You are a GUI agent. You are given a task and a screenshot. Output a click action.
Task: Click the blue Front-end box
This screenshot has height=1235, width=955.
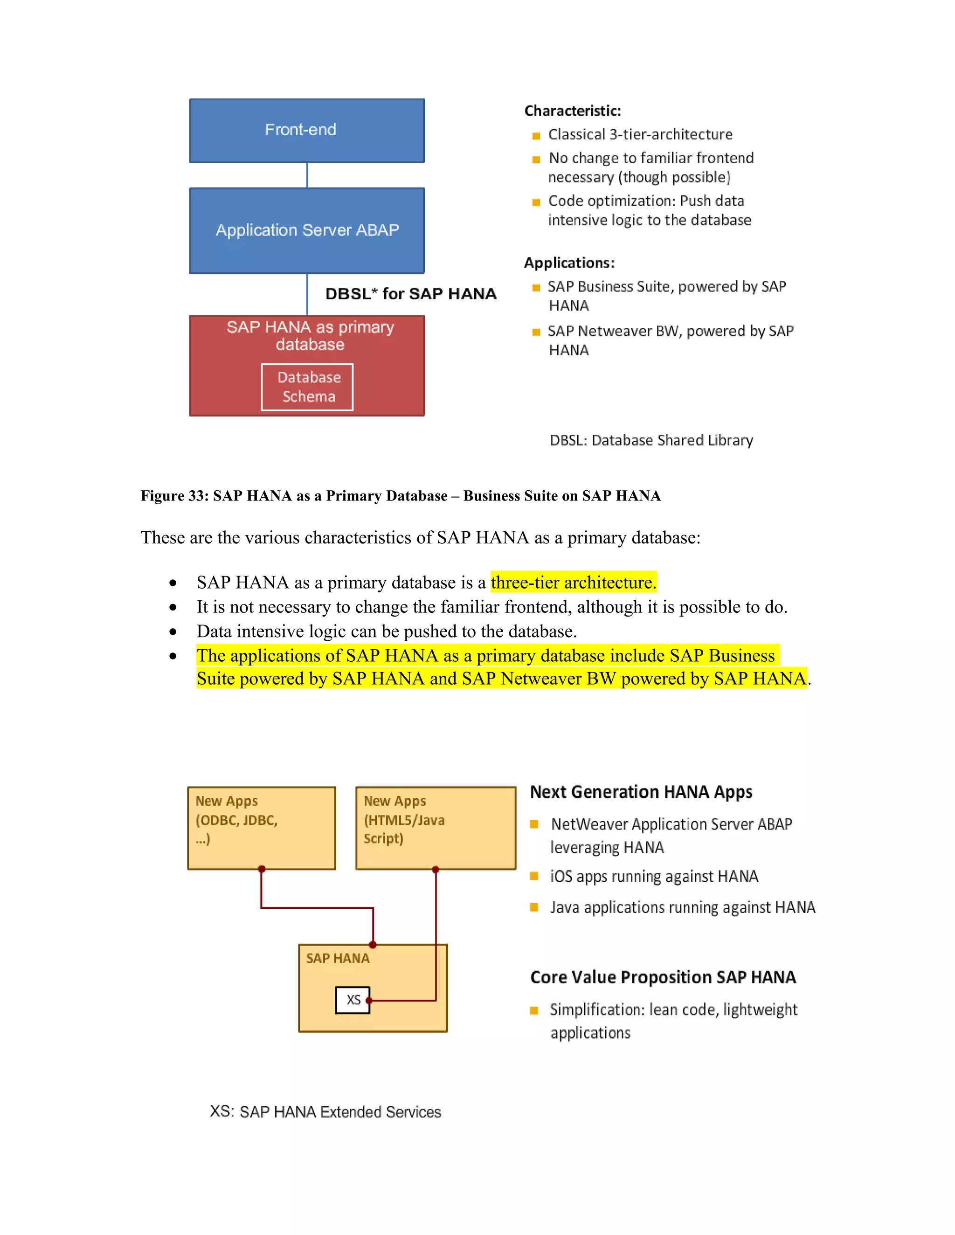point(307,130)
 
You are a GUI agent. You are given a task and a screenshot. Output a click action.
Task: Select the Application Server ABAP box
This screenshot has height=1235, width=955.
point(307,230)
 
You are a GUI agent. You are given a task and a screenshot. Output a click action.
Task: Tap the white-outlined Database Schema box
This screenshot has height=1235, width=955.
point(307,387)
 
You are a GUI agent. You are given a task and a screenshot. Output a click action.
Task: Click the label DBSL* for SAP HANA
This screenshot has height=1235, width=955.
point(411,294)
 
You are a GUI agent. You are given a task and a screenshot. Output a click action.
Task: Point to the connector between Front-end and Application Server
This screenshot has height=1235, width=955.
point(307,175)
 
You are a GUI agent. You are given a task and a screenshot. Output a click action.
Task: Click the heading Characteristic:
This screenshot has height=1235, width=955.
point(573,111)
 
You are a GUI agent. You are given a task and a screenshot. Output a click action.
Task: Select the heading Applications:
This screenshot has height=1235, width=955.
point(569,263)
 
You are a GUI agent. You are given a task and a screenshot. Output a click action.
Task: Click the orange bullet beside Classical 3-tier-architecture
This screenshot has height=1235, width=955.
point(536,136)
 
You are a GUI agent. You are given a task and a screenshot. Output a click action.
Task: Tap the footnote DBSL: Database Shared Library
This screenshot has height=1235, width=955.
point(651,440)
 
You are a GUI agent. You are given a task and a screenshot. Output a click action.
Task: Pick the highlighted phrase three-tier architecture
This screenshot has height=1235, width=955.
point(573,582)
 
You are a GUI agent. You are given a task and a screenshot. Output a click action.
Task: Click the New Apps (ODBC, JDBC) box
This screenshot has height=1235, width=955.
point(262,827)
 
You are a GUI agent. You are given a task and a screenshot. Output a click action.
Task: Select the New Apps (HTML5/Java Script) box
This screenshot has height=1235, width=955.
point(436,827)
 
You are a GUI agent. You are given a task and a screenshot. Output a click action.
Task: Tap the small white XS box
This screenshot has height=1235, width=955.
point(352,1000)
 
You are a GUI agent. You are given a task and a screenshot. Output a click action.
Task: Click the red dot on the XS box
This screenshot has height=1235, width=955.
point(369,1000)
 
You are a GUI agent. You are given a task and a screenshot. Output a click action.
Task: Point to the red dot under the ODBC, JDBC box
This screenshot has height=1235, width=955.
point(262,869)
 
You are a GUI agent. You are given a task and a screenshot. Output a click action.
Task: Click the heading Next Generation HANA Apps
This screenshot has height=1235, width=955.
point(641,792)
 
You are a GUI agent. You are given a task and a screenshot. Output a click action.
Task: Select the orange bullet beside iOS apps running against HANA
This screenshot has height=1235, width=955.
point(533,876)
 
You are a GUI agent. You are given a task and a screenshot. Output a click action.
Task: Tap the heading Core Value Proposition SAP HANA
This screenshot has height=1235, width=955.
point(663,977)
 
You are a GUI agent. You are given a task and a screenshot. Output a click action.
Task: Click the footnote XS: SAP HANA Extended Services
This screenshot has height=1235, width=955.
point(325,1111)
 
